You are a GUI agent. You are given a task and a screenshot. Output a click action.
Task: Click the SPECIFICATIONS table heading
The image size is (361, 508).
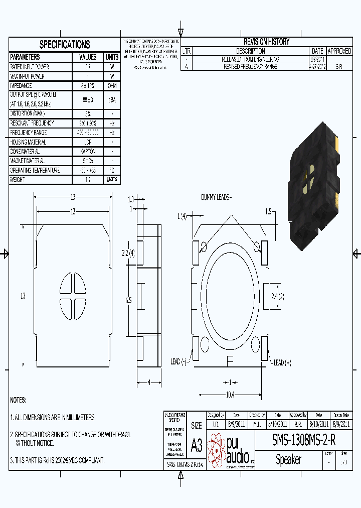click(65, 44)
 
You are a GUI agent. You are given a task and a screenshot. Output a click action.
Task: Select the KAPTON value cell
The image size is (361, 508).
click(88, 151)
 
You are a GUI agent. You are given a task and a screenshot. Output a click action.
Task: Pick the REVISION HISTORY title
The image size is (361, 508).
click(266, 42)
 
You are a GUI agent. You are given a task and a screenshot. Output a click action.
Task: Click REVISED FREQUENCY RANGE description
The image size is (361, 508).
click(251, 66)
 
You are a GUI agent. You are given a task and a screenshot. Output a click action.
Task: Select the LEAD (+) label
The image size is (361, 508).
click(281, 362)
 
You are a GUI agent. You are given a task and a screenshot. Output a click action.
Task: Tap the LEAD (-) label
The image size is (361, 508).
click(178, 361)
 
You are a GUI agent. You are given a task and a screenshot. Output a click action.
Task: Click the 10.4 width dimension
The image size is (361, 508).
click(230, 395)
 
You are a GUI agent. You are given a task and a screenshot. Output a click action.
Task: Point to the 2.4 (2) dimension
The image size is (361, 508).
click(278, 296)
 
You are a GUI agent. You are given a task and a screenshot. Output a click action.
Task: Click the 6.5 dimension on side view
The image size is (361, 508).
click(128, 300)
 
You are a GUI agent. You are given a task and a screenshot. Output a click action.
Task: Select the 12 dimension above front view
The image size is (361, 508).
click(73, 212)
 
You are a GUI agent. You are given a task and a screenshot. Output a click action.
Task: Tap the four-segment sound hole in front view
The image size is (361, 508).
click(73, 296)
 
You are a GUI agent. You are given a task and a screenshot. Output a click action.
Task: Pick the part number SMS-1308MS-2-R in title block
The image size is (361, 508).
click(304, 440)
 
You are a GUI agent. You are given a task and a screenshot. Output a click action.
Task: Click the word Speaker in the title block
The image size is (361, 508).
click(289, 459)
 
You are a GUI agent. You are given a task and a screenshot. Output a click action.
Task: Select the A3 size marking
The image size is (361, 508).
click(197, 445)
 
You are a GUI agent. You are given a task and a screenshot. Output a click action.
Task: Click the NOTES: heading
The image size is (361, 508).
click(18, 400)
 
